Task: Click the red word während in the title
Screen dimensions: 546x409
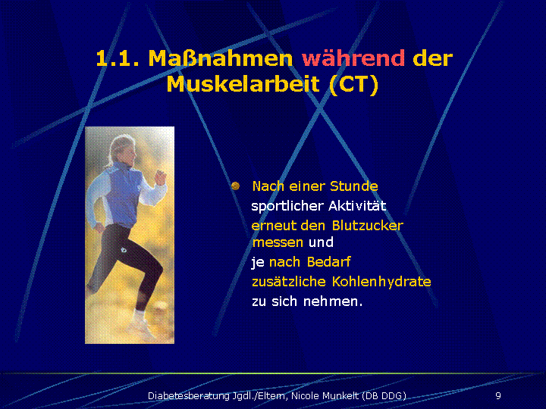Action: click(353, 58)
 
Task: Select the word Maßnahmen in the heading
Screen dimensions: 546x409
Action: click(221, 58)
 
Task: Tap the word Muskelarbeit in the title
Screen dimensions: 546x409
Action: click(243, 84)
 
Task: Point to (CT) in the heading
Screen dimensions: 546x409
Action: click(354, 85)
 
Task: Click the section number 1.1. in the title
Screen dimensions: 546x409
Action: click(118, 58)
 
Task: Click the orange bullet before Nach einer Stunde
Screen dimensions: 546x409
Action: click(235, 186)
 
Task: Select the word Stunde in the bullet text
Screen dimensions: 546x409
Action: click(354, 186)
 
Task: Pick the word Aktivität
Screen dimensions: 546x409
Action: click(357, 206)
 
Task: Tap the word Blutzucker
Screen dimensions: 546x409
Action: click(367, 226)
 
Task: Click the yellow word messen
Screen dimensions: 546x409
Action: click(278, 242)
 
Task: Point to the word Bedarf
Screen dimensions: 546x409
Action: click(328, 261)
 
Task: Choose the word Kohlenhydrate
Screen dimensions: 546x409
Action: click(381, 282)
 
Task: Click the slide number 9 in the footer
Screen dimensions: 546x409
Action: click(498, 395)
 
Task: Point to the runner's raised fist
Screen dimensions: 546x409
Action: click(161, 176)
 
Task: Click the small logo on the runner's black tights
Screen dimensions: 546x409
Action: click(124, 250)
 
